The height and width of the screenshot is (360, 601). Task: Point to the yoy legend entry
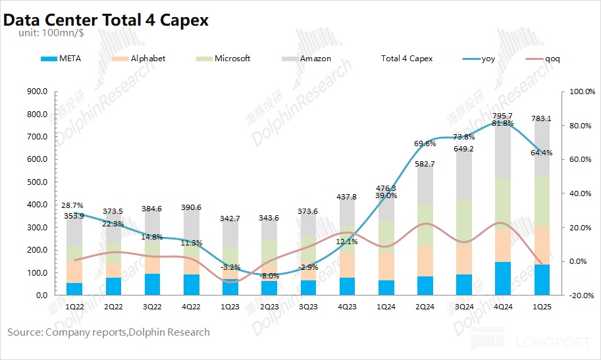[488, 59]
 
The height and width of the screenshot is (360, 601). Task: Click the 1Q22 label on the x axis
[74, 307]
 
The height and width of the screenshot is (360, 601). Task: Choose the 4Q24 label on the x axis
[502, 307]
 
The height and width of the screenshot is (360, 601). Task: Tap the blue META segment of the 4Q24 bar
[502, 278]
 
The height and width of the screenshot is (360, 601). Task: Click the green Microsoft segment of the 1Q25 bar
[541, 201]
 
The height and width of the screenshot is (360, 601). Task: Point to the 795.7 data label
[502, 116]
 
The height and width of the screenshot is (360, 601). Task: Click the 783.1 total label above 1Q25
[541, 118]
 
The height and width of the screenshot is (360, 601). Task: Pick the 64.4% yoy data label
[541, 153]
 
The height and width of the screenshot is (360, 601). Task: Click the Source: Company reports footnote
[109, 332]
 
